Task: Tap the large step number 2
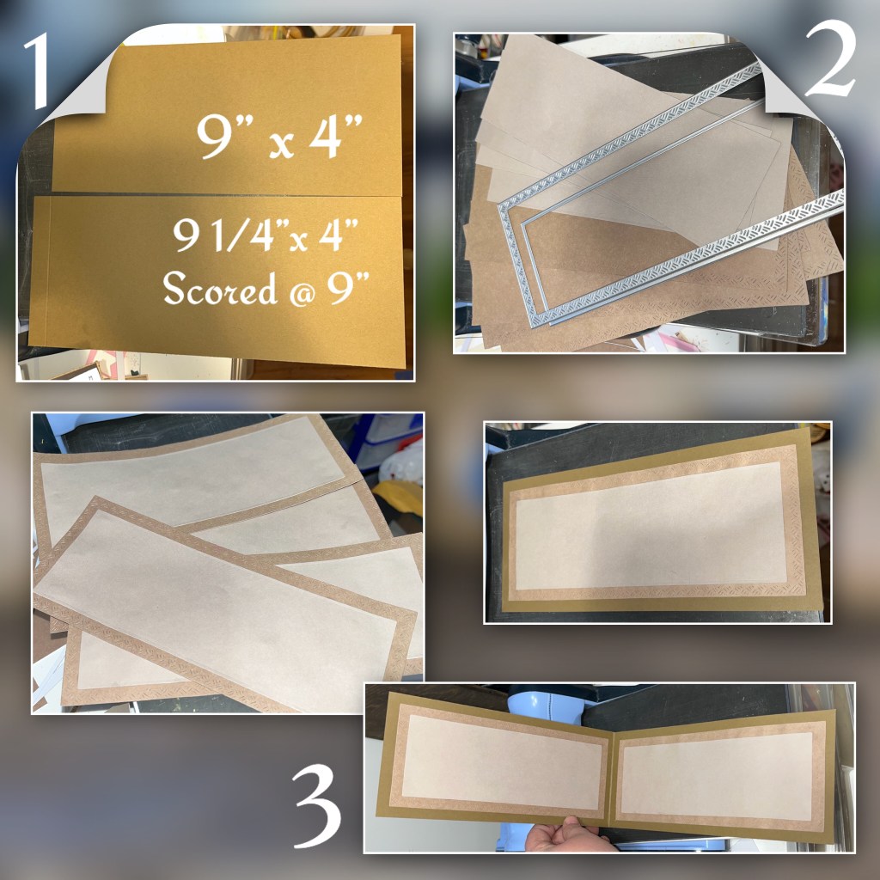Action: coord(831,59)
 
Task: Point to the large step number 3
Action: coord(317,805)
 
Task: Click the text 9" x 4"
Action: coord(279,137)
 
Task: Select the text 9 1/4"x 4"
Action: coord(266,235)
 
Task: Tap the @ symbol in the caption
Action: coord(302,292)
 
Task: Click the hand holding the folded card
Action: coord(567,835)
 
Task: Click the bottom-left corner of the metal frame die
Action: coord(533,324)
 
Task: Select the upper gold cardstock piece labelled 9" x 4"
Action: coord(227,115)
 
